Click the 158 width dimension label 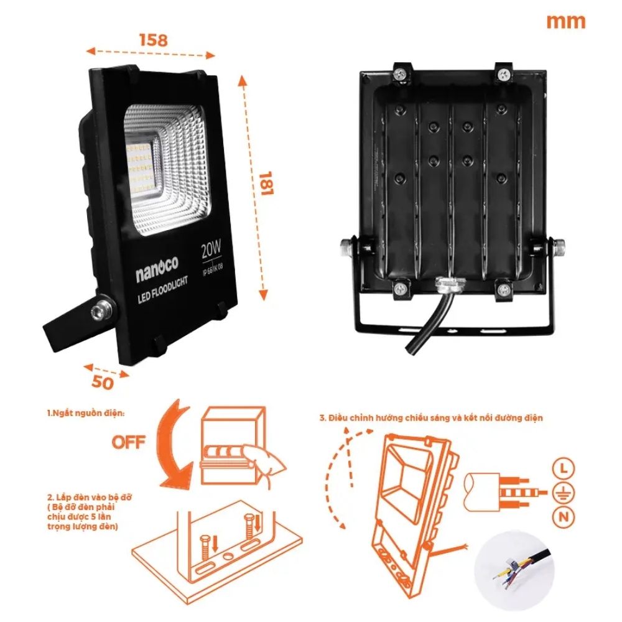point(152,40)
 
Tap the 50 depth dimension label point(103,383)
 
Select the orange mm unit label point(565,21)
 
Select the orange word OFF point(129,442)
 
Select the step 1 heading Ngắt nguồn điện point(85,413)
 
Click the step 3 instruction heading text point(431,417)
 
